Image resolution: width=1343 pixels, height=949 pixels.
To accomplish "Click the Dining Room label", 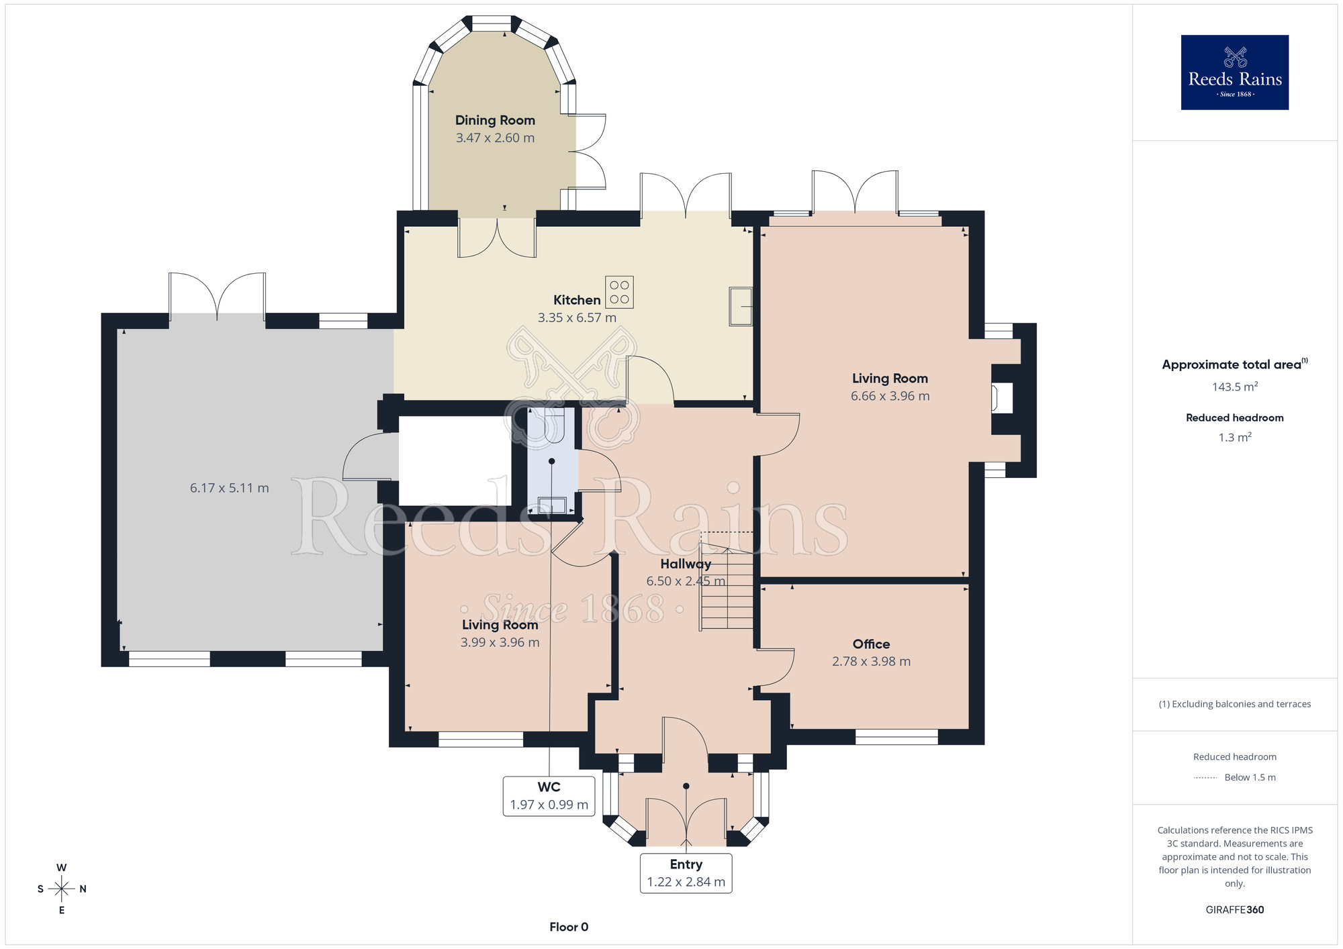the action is (x=495, y=120).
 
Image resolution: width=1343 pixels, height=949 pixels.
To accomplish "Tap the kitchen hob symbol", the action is (x=619, y=292).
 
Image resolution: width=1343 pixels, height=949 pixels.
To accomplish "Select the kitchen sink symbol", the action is (x=741, y=307).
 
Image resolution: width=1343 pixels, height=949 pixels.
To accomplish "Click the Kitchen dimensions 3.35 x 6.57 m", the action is (x=577, y=317).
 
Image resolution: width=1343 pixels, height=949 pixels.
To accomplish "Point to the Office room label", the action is (x=871, y=644).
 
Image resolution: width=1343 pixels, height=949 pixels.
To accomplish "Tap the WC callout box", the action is (x=549, y=796).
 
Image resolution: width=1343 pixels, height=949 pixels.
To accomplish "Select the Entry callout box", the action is (x=686, y=873).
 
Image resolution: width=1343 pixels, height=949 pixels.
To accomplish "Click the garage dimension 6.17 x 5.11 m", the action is (x=229, y=488).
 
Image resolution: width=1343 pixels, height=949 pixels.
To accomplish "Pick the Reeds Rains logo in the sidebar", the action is (x=1234, y=72).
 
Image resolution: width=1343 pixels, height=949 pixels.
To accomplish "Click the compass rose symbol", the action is (x=61, y=889).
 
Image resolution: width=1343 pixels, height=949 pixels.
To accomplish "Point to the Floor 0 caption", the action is (x=569, y=927).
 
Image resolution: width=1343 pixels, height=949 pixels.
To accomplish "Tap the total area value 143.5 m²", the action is (x=1234, y=387).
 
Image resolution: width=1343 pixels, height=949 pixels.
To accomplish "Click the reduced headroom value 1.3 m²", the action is (x=1234, y=437).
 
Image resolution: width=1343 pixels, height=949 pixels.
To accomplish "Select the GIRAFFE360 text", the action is (x=1234, y=910).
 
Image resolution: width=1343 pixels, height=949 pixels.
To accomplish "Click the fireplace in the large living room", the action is (x=1002, y=398).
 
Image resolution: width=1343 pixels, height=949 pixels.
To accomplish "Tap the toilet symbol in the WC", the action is (x=554, y=427).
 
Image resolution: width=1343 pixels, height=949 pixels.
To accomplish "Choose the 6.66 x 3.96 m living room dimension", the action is (x=890, y=396).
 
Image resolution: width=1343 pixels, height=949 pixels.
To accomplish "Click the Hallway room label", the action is (x=685, y=564).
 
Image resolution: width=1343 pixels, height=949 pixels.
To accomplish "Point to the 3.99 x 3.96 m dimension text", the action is (x=500, y=642).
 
